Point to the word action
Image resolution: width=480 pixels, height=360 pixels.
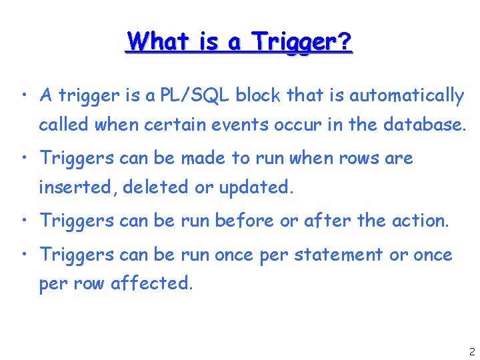coord(425,221)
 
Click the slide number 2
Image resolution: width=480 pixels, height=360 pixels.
coord(471,351)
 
